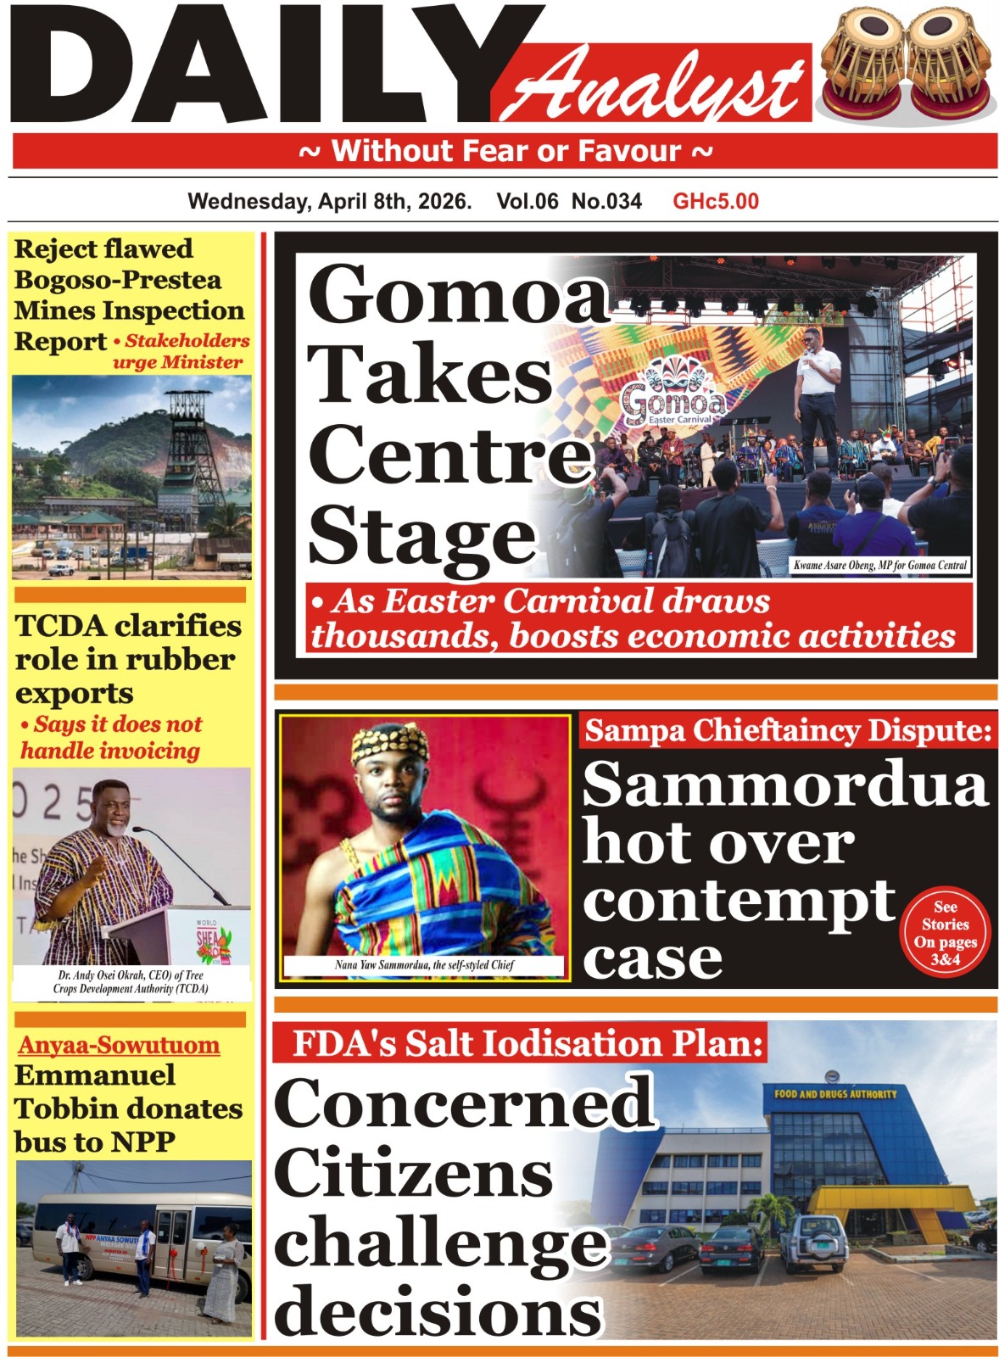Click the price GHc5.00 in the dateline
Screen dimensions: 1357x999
(x=715, y=202)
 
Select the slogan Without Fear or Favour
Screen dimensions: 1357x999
(x=505, y=152)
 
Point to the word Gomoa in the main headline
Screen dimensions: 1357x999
(x=458, y=294)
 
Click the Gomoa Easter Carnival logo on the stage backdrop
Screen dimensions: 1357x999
(x=673, y=394)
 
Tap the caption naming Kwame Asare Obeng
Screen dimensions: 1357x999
(x=879, y=565)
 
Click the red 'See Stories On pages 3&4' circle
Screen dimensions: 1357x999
(x=945, y=933)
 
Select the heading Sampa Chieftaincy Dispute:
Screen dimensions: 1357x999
(x=788, y=730)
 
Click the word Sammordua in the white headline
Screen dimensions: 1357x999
(x=785, y=785)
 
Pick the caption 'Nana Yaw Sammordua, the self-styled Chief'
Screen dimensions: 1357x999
(x=424, y=965)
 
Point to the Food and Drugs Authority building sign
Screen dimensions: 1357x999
(x=834, y=1094)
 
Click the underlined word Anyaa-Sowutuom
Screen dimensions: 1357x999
(x=119, y=1045)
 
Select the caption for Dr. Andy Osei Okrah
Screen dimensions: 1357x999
(x=131, y=982)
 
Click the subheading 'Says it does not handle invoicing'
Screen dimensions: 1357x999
(x=112, y=737)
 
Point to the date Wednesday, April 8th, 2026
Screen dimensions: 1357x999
(x=329, y=202)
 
